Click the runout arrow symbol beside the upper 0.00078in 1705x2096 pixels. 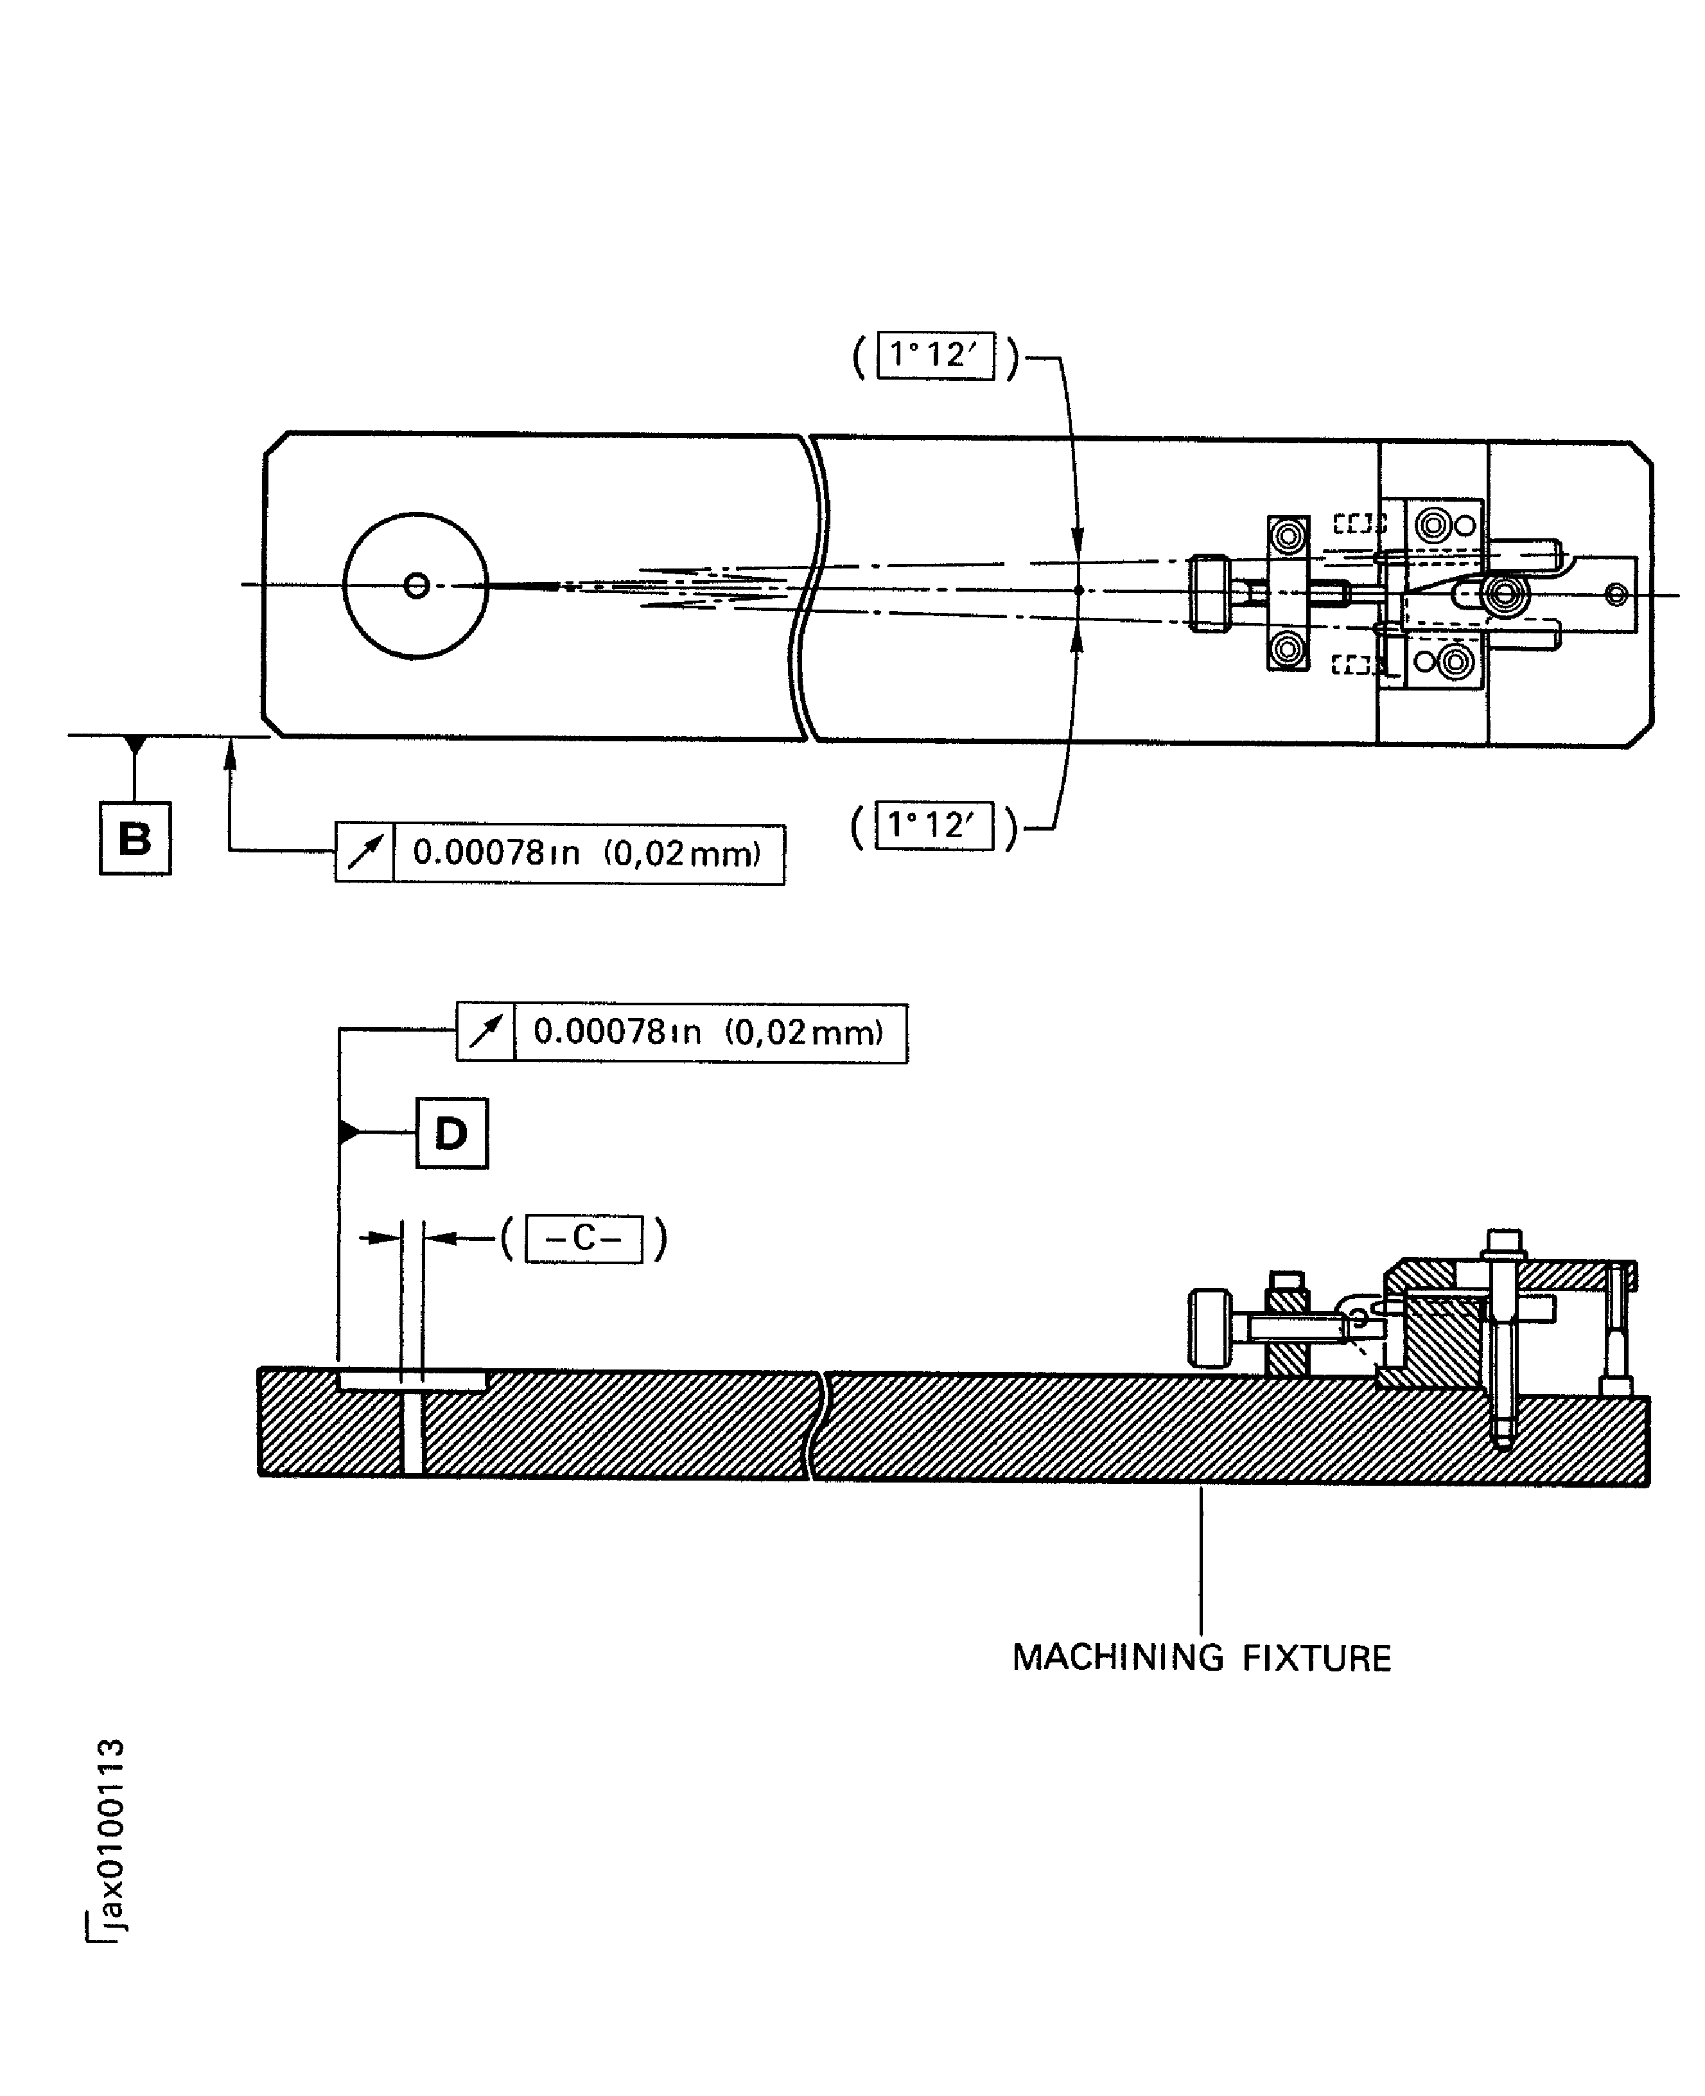point(364,852)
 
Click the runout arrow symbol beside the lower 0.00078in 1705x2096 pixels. point(485,1032)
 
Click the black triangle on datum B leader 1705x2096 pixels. point(135,744)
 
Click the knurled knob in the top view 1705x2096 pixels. point(1209,594)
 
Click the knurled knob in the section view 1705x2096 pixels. point(1209,1328)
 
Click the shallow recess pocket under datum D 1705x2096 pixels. point(412,1381)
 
